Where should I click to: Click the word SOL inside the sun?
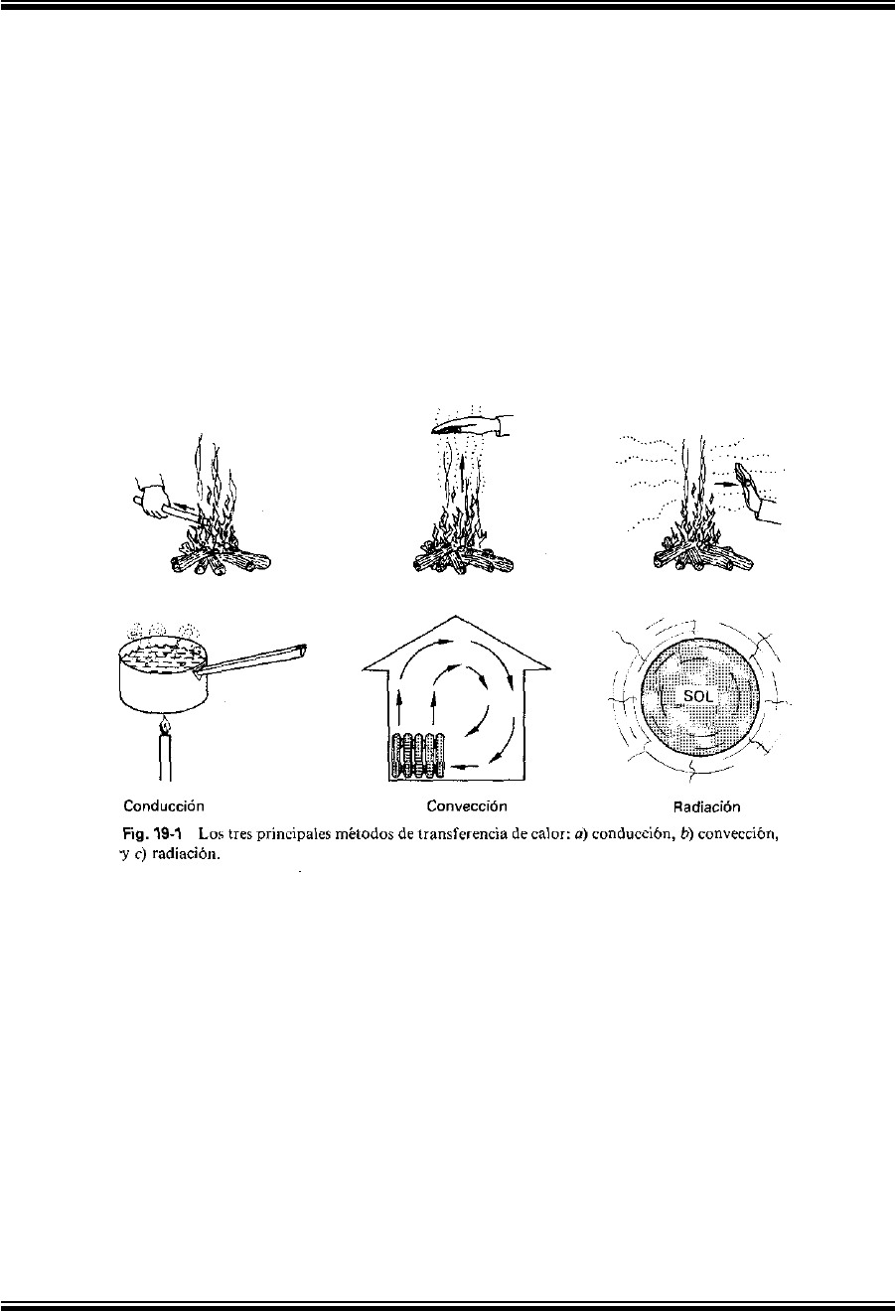click(698, 696)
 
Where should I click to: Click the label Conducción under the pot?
click(164, 805)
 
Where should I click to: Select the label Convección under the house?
click(467, 805)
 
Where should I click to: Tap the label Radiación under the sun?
click(706, 807)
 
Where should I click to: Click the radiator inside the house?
click(417, 755)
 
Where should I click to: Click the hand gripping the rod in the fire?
click(152, 500)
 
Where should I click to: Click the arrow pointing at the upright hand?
click(725, 485)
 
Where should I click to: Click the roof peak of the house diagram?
click(455, 616)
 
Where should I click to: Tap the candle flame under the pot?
click(165, 726)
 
